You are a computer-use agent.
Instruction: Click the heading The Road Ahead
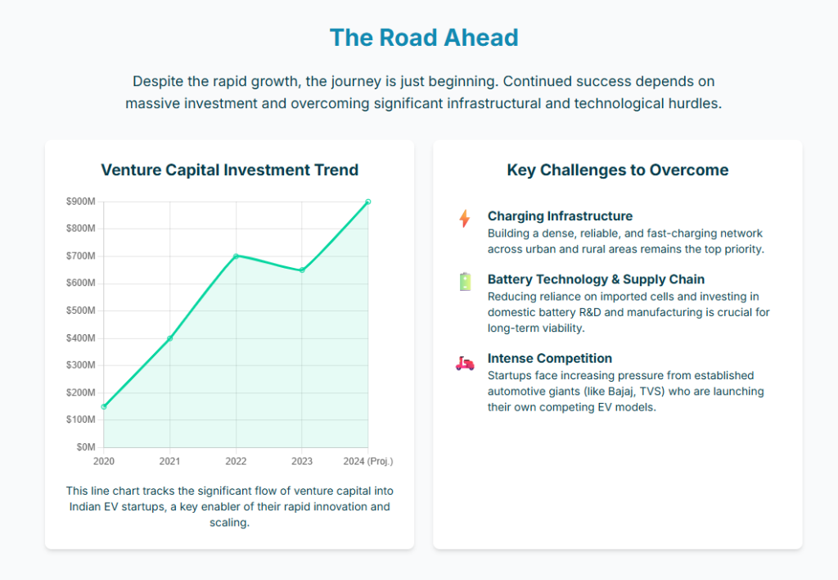[x=423, y=38]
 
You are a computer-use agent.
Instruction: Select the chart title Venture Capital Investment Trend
[x=229, y=170]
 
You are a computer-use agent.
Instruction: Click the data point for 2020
[x=104, y=406]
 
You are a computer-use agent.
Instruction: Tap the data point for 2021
[x=170, y=338]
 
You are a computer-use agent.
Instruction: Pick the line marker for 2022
[x=236, y=256]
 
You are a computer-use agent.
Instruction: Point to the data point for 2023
[x=302, y=270]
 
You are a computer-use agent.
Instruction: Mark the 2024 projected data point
[x=368, y=202]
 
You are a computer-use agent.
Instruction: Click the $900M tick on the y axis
[x=80, y=202]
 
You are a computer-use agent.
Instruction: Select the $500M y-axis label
[x=80, y=310]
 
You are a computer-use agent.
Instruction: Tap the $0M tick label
[x=85, y=447]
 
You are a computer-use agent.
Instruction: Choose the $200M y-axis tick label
[x=80, y=392]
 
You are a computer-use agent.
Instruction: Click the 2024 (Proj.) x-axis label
[x=368, y=461]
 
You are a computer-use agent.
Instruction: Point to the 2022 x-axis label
[x=236, y=461]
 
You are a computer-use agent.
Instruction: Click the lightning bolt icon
[x=465, y=218]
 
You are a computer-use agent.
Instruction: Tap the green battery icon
[x=465, y=282]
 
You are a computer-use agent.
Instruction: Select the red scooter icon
[x=465, y=362]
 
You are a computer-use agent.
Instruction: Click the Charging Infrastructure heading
[x=560, y=216]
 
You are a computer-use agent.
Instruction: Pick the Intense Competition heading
[x=550, y=358]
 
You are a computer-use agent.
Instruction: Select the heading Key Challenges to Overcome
[x=617, y=170]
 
